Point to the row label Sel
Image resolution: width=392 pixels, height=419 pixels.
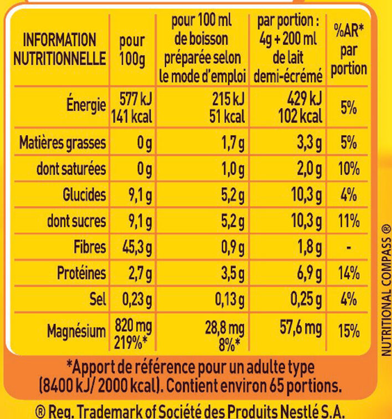coord(96,300)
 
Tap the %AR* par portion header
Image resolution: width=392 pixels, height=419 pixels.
coord(350,49)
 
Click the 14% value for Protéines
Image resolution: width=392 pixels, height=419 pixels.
coord(348,274)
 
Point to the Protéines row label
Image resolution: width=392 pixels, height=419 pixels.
coord(81,274)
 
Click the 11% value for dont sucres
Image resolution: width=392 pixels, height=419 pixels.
coord(348,221)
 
